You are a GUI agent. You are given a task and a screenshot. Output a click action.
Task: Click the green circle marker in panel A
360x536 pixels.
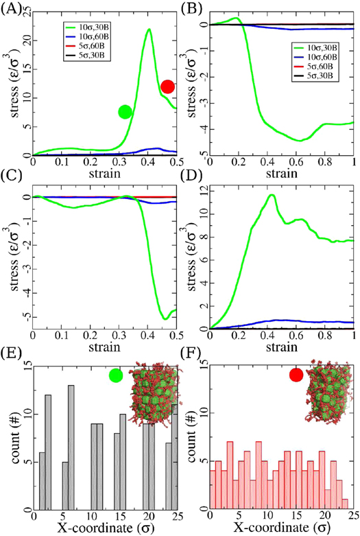point(125,112)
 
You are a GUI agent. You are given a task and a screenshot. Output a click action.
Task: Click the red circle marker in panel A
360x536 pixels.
point(167,87)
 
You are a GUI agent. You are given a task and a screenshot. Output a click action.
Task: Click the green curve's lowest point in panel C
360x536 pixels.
point(165,319)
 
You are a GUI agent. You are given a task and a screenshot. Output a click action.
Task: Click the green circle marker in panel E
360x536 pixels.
point(115,375)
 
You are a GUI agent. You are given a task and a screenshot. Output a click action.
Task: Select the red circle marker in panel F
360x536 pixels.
point(296,375)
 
